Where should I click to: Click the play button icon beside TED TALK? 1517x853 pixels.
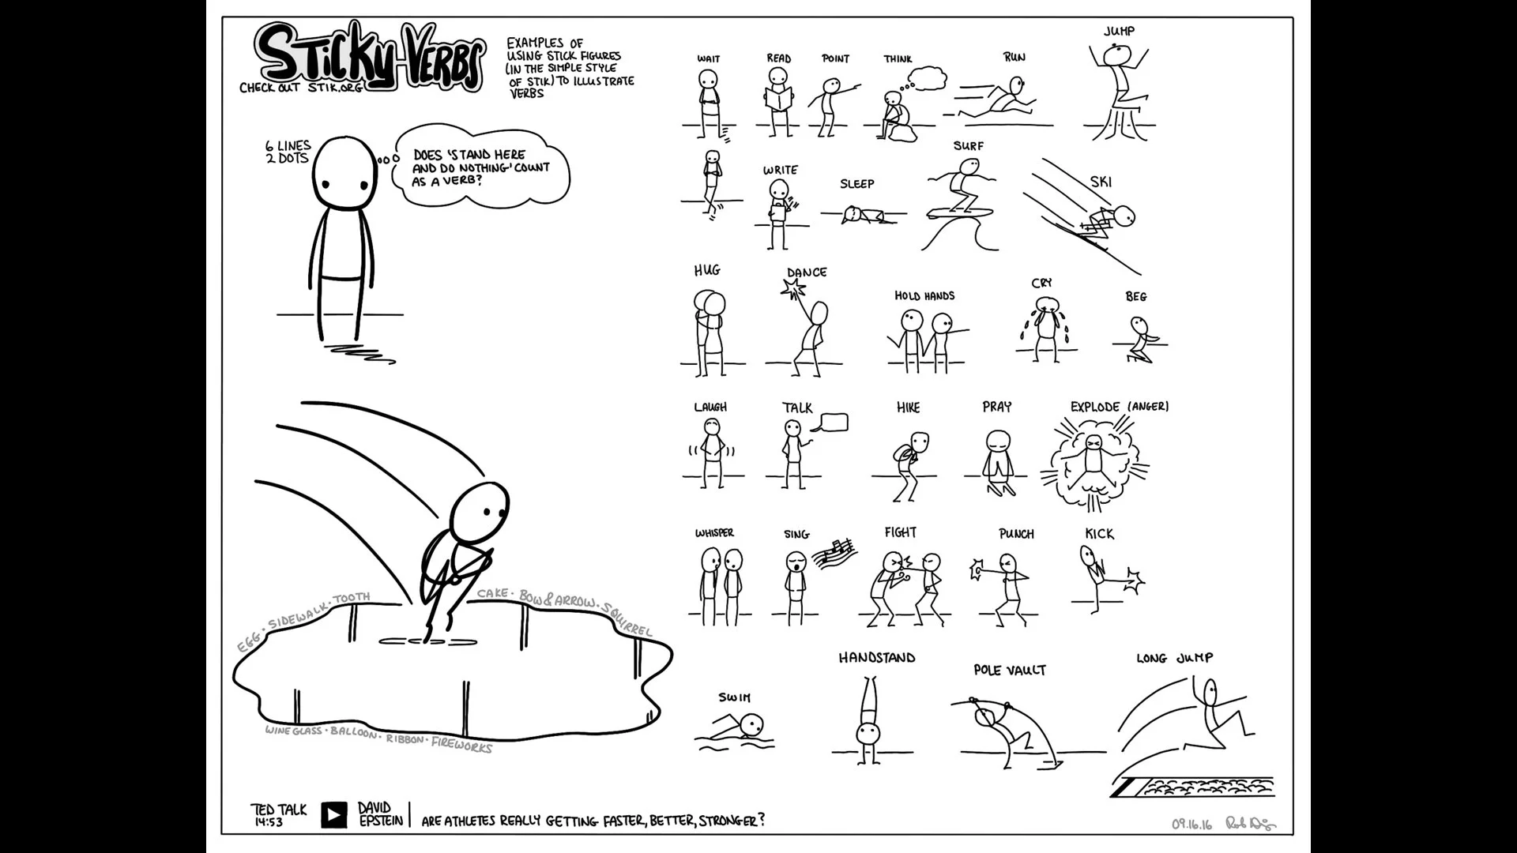(334, 814)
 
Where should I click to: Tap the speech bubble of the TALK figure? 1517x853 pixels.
(834, 423)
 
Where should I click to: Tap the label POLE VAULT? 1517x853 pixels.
(1010, 671)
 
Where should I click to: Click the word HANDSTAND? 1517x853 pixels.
(877, 658)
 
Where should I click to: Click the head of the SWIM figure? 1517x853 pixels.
(752, 723)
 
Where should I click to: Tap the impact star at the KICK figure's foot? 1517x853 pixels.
(1135, 584)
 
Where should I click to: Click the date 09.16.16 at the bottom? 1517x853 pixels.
(1191, 825)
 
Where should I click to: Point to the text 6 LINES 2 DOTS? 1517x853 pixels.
(288, 152)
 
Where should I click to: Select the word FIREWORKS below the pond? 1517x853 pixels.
(461, 745)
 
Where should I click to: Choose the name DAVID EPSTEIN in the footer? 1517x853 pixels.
(380, 814)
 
